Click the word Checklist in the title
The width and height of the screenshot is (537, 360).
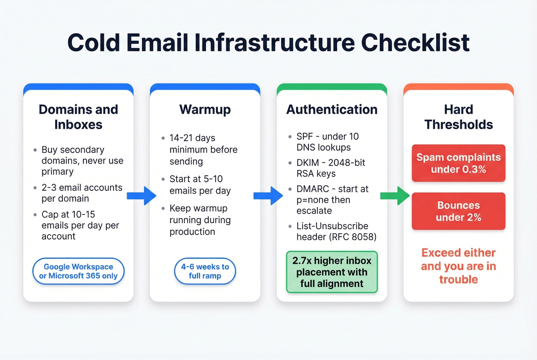click(x=415, y=43)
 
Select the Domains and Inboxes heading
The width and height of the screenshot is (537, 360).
click(x=78, y=117)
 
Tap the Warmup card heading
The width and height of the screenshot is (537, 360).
click(x=205, y=110)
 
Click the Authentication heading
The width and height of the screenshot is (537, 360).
click(x=332, y=110)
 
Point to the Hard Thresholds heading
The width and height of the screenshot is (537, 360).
click(x=458, y=117)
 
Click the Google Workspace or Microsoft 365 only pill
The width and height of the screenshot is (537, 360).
click(x=78, y=271)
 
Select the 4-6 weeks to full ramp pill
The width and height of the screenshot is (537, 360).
click(x=205, y=271)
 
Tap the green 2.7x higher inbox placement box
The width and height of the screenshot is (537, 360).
click(x=332, y=272)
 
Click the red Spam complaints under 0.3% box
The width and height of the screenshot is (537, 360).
click(x=458, y=163)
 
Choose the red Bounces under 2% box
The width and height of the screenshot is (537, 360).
click(x=458, y=211)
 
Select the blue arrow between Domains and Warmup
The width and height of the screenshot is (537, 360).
click(x=142, y=196)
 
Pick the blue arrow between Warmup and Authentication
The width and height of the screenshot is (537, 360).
click(x=268, y=196)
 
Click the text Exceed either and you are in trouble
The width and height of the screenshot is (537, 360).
click(x=458, y=266)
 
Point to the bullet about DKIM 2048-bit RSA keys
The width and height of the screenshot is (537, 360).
click(x=331, y=168)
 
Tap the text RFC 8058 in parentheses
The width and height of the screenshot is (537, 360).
click(x=353, y=237)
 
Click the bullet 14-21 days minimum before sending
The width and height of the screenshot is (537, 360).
click(x=203, y=150)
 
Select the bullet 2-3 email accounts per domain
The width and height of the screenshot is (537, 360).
click(x=82, y=193)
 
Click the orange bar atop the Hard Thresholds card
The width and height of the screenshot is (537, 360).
click(x=458, y=86)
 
